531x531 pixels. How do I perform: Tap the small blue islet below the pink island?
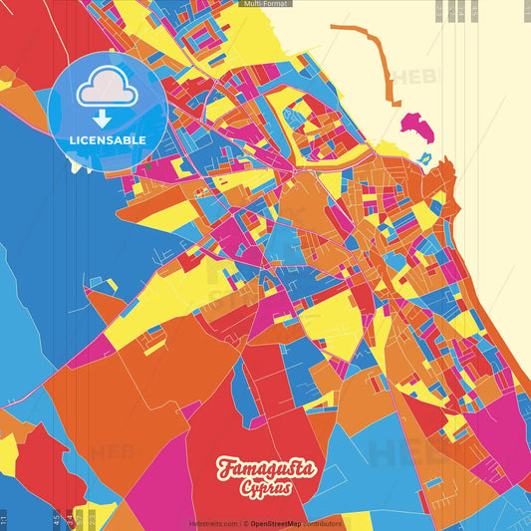coord(424,157)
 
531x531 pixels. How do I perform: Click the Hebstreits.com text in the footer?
coord(212,523)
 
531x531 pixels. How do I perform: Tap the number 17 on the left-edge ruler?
coord(4,518)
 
